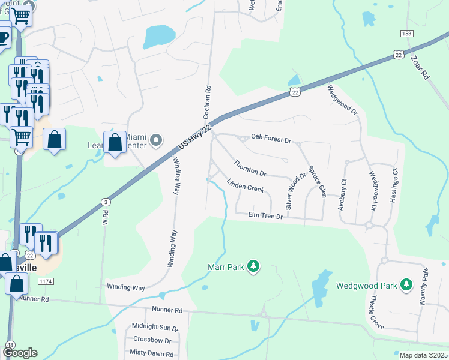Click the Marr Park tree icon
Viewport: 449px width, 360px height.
(253, 266)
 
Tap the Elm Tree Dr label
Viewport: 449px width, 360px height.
(266, 215)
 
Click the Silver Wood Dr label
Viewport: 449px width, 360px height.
(295, 190)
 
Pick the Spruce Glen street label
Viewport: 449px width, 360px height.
(316, 181)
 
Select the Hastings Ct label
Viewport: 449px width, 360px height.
(394, 184)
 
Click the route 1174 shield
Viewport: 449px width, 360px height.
(44, 281)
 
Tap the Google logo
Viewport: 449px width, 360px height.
(20, 353)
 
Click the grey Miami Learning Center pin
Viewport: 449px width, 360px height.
(156, 141)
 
